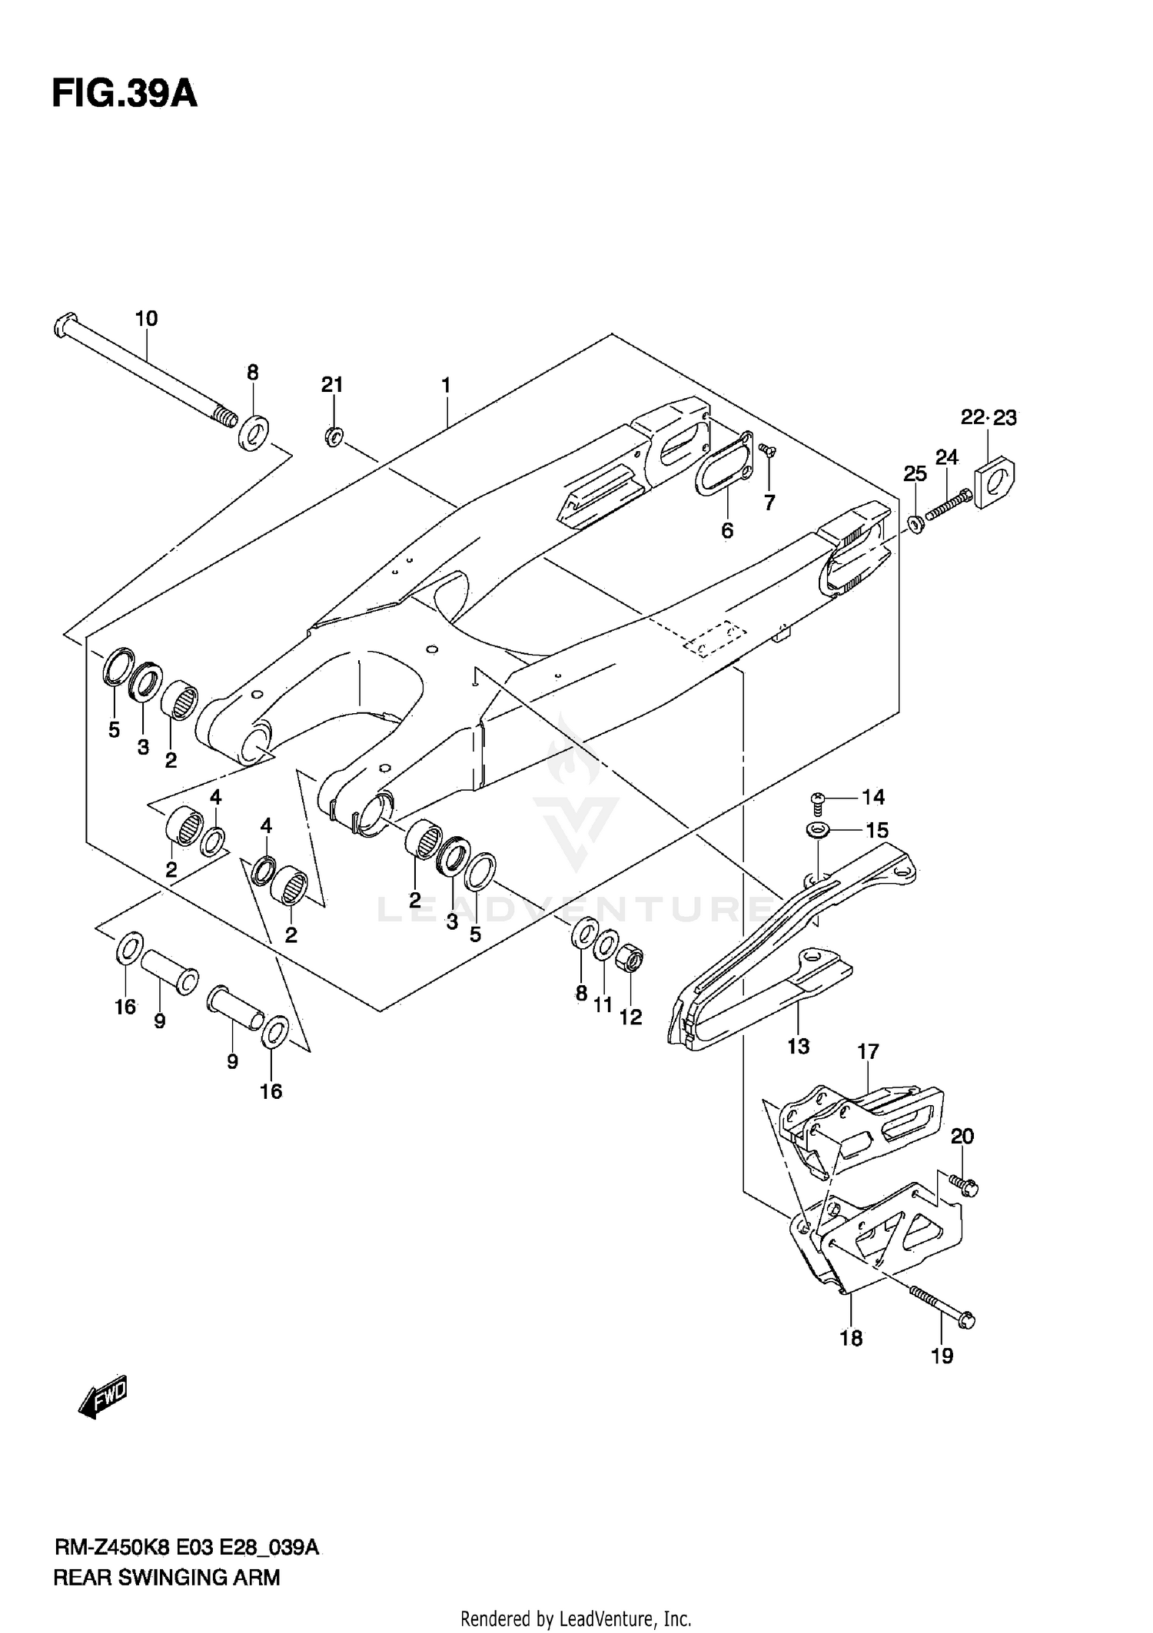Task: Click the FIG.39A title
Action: click(125, 95)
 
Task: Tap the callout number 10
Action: click(146, 318)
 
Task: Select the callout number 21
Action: click(332, 385)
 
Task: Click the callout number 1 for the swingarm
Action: click(446, 385)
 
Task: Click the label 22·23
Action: click(989, 418)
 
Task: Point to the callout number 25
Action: click(915, 474)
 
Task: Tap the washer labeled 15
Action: click(817, 830)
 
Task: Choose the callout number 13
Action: click(799, 1045)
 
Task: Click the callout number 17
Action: click(868, 1051)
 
